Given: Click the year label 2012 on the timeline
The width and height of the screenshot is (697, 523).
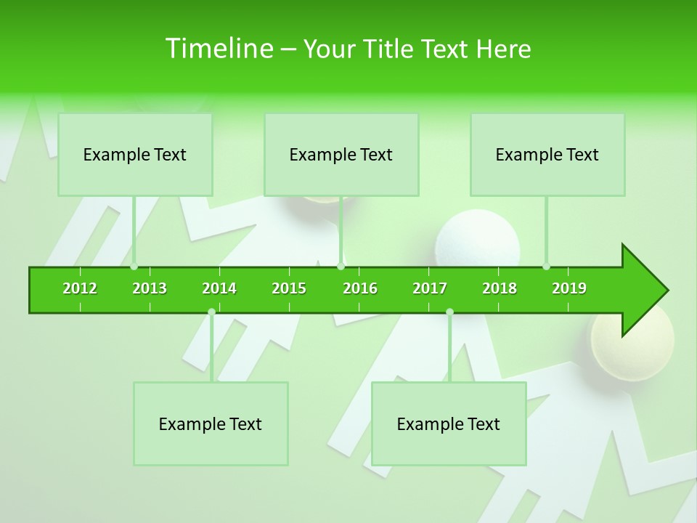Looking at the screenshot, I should tap(80, 288).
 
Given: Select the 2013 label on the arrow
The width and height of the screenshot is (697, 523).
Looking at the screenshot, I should tap(150, 288).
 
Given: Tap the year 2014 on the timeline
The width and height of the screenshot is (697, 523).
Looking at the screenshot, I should tap(219, 288).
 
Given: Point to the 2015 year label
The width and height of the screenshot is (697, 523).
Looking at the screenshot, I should tap(289, 288).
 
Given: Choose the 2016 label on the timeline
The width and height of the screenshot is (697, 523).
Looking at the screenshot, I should tap(360, 288).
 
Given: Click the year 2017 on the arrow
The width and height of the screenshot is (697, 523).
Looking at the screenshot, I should tap(430, 288).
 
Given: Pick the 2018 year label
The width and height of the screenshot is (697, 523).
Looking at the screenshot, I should tap(500, 288).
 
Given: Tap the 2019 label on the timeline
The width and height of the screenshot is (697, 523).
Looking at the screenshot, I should tap(569, 288).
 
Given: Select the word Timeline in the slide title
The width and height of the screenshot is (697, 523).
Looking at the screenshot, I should tap(219, 49).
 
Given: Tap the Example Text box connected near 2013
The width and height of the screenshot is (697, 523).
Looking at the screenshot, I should tap(135, 154).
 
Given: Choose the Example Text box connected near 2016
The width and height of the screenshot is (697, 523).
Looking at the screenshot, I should tap(341, 154).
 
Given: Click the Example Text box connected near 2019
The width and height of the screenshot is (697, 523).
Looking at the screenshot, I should tap(547, 154).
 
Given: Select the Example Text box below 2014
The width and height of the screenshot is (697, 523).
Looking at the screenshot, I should tap(211, 423).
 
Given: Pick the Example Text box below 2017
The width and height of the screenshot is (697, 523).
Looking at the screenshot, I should tap(449, 423).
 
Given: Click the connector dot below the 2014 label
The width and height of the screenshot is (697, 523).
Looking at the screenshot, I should tap(211, 312).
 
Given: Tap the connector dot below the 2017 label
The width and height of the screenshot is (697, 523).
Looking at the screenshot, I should tap(449, 312).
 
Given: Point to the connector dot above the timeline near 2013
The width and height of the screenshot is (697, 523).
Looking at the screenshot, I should tap(134, 267).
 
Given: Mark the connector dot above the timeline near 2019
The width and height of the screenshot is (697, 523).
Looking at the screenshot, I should tap(546, 267).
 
